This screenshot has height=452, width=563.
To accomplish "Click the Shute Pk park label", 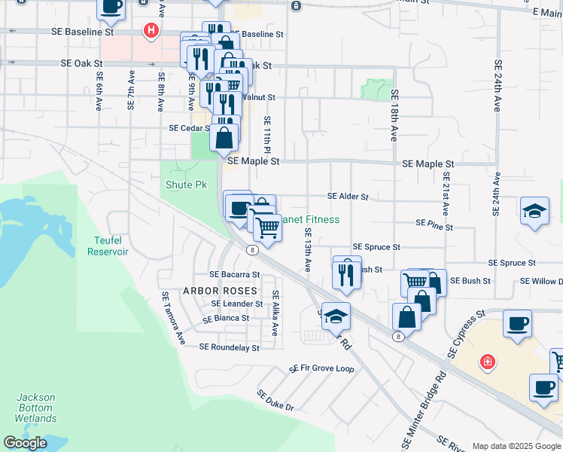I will click(x=185, y=184).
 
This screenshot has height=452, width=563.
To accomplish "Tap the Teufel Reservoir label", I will click(x=108, y=246).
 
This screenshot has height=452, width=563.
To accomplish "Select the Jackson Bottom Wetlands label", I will click(x=36, y=408).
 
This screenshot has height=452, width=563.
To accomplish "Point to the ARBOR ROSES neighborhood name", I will click(x=220, y=290).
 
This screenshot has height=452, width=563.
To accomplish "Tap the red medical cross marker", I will click(x=488, y=362).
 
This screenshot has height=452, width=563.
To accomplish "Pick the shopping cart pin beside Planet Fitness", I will click(x=266, y=228).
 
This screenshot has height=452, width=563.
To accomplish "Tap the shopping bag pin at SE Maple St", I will click(x=224, y=138).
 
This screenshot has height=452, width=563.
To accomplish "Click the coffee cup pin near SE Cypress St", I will click(x=516, y=324).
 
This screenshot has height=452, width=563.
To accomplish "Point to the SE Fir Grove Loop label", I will click(x=321, y=369).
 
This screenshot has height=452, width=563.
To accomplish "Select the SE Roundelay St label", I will click(x=229, y=347).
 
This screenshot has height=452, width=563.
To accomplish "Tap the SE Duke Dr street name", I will click(x=275, y=399).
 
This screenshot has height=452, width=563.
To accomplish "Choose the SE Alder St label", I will click(x=348, y=197).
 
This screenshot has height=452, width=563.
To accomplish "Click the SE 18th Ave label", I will click(x=394, y=115).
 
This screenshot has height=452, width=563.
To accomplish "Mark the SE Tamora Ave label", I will click(x=172, y=319).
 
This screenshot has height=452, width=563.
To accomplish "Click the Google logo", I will click(x=26, y=443).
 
